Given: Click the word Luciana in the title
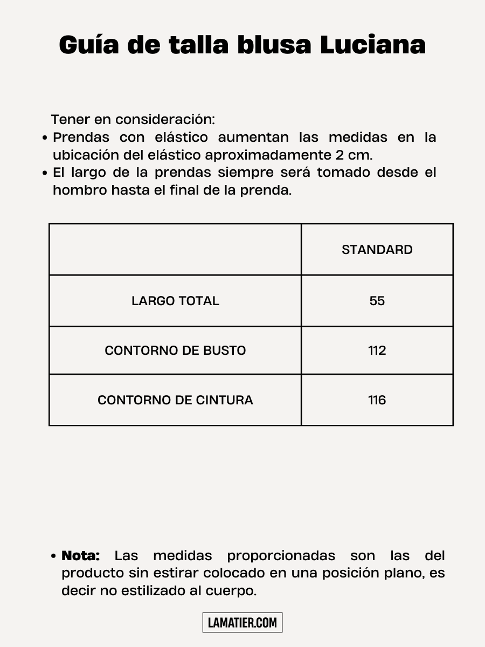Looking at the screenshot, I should coord(373,45).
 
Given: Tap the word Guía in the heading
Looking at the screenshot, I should coord(88,45).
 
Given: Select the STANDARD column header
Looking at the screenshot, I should coord(377,250).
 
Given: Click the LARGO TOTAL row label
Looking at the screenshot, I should coord(175,301).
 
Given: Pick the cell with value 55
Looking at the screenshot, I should coord(377,301).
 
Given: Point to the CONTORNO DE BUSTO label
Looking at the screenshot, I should coord(175,350).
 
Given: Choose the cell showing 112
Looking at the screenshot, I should coord(377,350).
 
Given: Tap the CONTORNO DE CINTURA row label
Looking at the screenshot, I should coord(175,400).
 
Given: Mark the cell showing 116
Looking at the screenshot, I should coord(377,400).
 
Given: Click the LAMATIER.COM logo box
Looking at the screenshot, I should coord(242,623).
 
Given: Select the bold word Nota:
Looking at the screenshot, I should coord(81,555).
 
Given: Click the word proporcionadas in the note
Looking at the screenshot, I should coord(281,555).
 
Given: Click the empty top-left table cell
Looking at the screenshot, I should coord(175,250).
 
